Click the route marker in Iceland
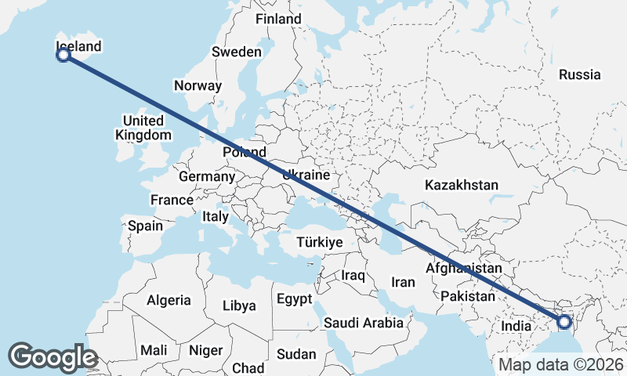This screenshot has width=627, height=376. pos(64,55)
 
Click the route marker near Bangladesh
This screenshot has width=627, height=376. pos(564,321)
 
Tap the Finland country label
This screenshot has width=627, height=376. pos(278,19)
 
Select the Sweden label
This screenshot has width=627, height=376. pos(236,52)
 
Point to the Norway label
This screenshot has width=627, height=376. pos(198,86)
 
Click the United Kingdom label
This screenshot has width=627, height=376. pos(143,128)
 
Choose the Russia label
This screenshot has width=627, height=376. pos(580,75)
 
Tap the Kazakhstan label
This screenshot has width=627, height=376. pos(462,186)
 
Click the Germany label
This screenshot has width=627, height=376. pos(207,177)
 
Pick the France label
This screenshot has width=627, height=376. pos(172,200)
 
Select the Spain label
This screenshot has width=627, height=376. pos(145,226)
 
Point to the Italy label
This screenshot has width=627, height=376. pos(216,216)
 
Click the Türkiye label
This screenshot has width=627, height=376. pos(320,243)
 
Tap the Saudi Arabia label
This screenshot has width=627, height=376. pos(364,323)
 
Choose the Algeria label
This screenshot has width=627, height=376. pos(169,300)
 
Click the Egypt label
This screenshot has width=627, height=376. pos(294,299)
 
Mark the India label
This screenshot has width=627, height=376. pos(516,326)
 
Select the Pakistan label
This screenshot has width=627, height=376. pos(468,297)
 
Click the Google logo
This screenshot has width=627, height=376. pos(53,357)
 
